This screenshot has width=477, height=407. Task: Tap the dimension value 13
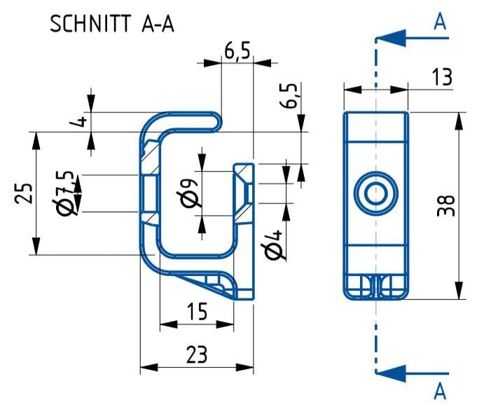point(441,77)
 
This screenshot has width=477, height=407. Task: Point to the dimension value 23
point(197,355)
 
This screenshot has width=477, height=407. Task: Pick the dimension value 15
point(197,312)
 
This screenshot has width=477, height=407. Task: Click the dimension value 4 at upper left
point(82,120)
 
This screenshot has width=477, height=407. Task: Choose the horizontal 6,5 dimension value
point(237,51)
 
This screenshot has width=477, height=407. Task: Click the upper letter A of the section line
point(440,22)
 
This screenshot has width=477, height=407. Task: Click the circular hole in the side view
point(376,194)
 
